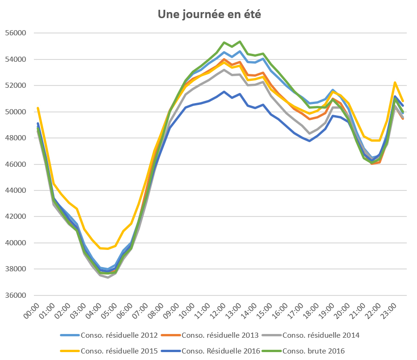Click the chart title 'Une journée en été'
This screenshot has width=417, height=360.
[x=209, y=15]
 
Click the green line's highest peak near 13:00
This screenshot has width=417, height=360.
[x=240, y=41]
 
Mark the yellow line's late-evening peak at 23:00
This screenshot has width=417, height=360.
[x=395, y=83]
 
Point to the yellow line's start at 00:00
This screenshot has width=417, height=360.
[x=38, y=108]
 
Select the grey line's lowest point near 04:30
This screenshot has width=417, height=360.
[x=108, y=277]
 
